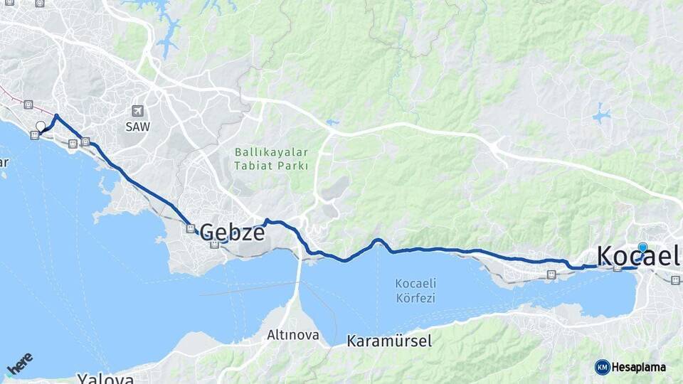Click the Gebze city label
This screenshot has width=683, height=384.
tap(232, 232)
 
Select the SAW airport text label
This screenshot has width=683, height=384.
tap(137, 128)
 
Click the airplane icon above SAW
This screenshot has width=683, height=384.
tap(137, 111)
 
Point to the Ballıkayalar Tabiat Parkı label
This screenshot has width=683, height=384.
tap(272, 159)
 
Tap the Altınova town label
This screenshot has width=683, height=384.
tap(293, 334)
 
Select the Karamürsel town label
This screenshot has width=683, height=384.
tap(389, 341)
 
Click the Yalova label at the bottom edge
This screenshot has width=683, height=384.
tap(105, 378)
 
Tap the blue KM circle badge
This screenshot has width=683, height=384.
tap(602, 367)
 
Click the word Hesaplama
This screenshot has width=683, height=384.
tap(639, 368)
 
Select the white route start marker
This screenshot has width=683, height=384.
tap(41, 127)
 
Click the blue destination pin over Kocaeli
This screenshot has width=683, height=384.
tap(642, 248)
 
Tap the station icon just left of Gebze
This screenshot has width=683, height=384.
tap(190, 228)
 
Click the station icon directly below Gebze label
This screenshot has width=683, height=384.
tap(214, 245)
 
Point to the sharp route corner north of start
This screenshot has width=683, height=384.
tap(56, 116)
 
